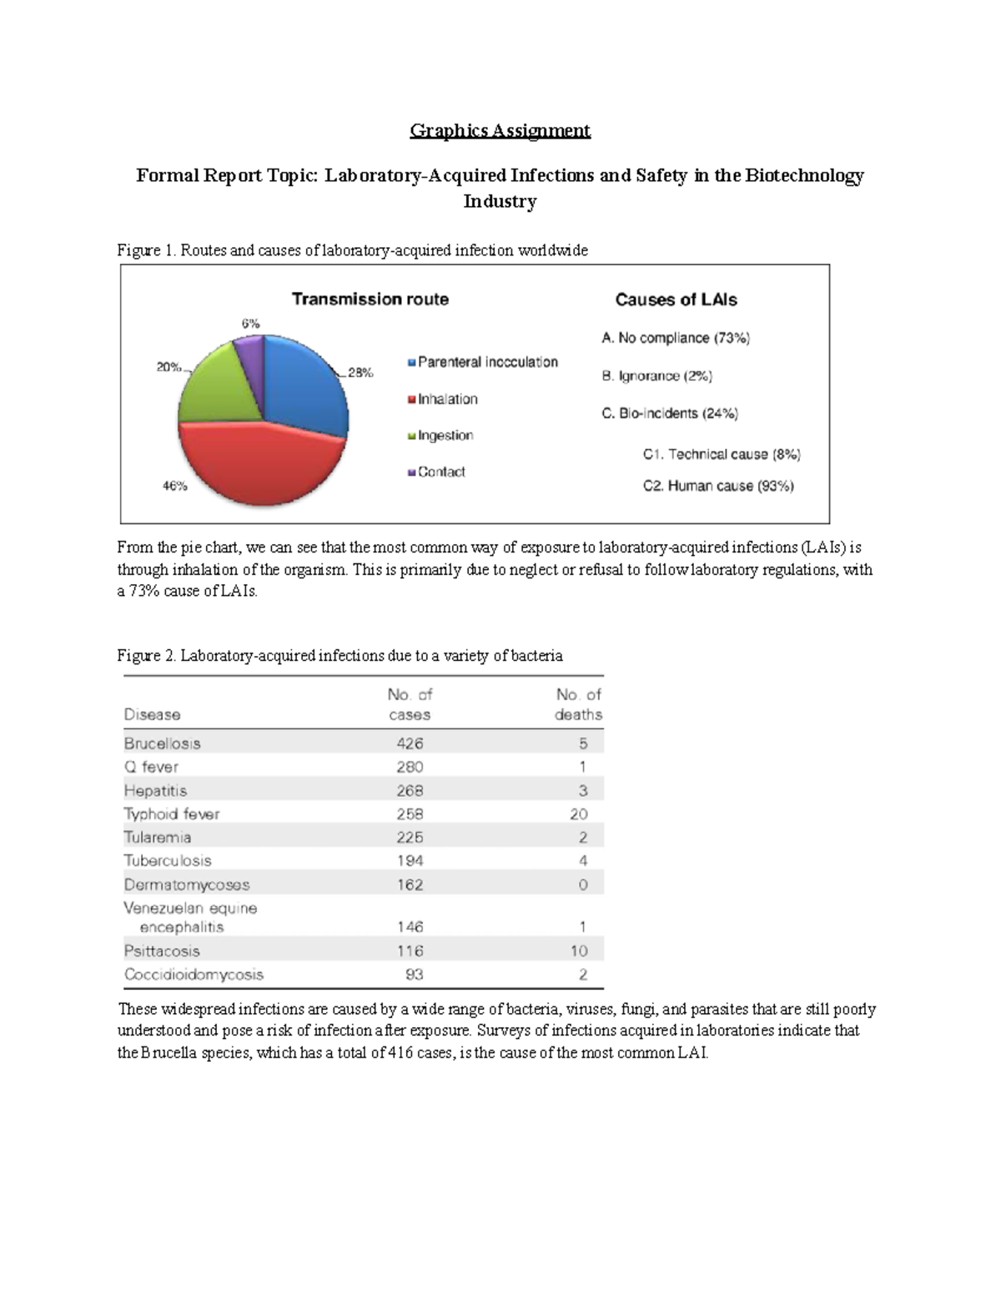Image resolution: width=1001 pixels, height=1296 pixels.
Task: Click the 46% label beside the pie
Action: (174, 487)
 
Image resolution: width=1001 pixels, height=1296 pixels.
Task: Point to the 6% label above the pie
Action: (250, 323)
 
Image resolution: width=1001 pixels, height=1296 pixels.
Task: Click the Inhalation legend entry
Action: (447, 399)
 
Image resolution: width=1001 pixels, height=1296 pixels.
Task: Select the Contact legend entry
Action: (440, 472)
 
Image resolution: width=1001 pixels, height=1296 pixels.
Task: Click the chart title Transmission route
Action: (370, 299)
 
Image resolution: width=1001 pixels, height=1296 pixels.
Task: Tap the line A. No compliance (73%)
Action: (675, 338)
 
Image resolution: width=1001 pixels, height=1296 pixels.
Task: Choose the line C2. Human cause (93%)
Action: (717, 486)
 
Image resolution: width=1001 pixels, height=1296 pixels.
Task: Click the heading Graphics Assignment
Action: (500, 130)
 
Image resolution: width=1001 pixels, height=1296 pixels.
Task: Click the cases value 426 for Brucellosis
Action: (410, 743)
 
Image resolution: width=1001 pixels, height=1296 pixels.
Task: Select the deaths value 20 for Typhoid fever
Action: (578, 814)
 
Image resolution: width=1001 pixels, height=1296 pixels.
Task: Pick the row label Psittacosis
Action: (162, 951)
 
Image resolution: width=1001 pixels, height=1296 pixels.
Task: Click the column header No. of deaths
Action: (578, 704)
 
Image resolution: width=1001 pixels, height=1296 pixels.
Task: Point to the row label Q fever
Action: (151, 766)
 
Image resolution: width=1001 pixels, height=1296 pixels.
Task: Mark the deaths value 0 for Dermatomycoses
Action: (582, 885)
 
